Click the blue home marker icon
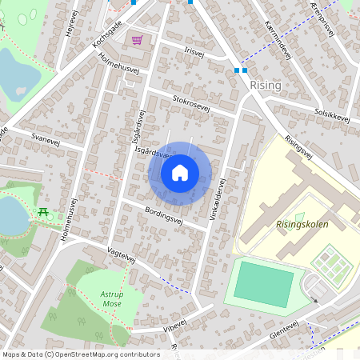pyautogui.click(x=180, y=172)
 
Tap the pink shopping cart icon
pyautogui.click(x=138, y=39)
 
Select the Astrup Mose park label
pyautogui.click(x=111, y=298)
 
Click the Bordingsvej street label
pyautogui.click(x=165, y=216)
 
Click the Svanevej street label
pyautogui.click(x=46, y=139)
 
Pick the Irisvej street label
pyautogui.click(x=194, y=50)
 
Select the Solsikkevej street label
pyautogui.click(x=333, y=115)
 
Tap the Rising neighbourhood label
pyautogui.click(x=265, y=84)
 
